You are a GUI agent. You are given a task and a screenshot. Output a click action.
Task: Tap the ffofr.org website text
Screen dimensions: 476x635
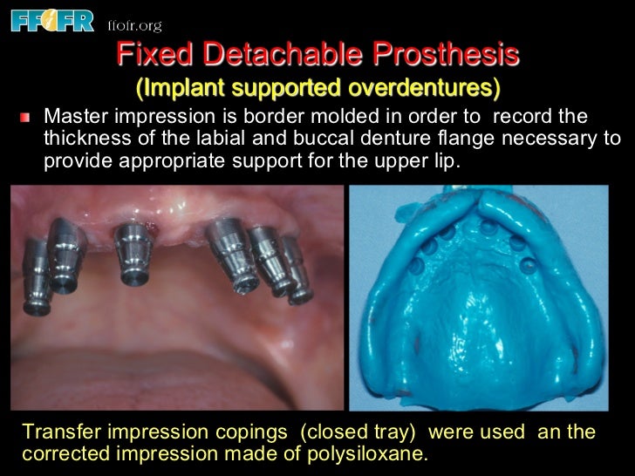(x=133, y=25)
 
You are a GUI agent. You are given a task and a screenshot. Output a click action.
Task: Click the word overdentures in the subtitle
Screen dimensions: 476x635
(x=428, y=88)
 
